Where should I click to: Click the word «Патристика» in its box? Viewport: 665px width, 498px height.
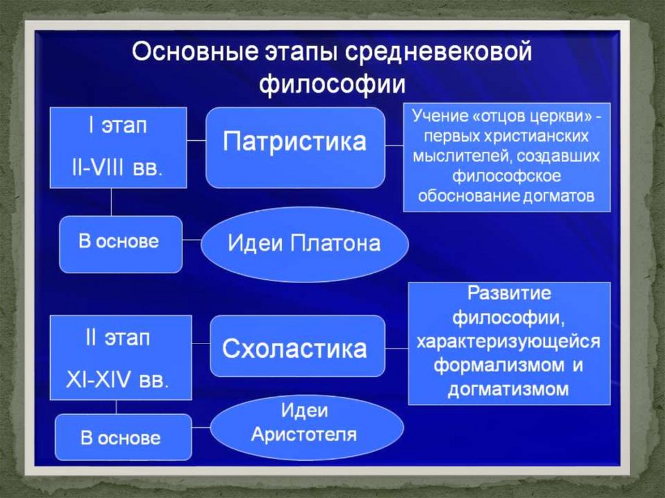[x=294, y=142]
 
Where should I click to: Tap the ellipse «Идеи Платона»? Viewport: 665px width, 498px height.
[x=304, y=244]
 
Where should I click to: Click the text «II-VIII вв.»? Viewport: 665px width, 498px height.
[x=117, y=168]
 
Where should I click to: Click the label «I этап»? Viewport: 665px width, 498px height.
[x=118, y=125]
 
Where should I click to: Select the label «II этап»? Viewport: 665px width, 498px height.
[x=118, y=338]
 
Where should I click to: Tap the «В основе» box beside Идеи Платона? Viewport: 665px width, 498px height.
[x=119, y=243]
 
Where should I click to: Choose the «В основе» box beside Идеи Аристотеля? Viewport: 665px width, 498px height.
[x=121, y=438]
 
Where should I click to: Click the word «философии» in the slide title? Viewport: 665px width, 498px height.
[x=332, y=85]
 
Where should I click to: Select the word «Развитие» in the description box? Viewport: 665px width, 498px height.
[x=510, y=293]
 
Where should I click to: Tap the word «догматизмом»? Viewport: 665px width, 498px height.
[x=508, y=390]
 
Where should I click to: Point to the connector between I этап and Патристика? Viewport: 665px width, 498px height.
[x=197, y=140]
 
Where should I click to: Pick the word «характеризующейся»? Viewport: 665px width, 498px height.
[x=509, y=342]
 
